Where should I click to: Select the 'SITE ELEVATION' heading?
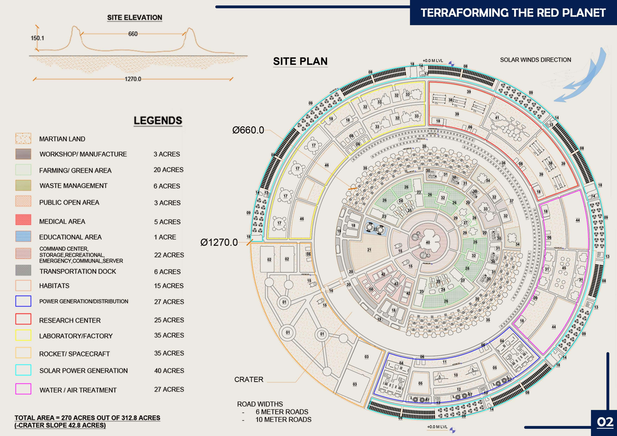click(x=135, y=18)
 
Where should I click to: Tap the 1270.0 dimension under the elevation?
click(x=133, y=79)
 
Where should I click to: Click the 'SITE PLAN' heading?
click(x=300, y=61)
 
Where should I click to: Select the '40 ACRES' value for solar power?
click(x=169, y=371)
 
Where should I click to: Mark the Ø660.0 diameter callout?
click(x=248, y=130)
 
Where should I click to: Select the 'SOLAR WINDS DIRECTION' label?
click(x=535, y=60)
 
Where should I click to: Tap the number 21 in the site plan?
click(x=369, y=250)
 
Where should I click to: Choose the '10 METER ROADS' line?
click(x=283, y=420)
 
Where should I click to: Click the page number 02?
click(x=605, y=422)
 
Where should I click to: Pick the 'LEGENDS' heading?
click(x=158, y=121)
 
